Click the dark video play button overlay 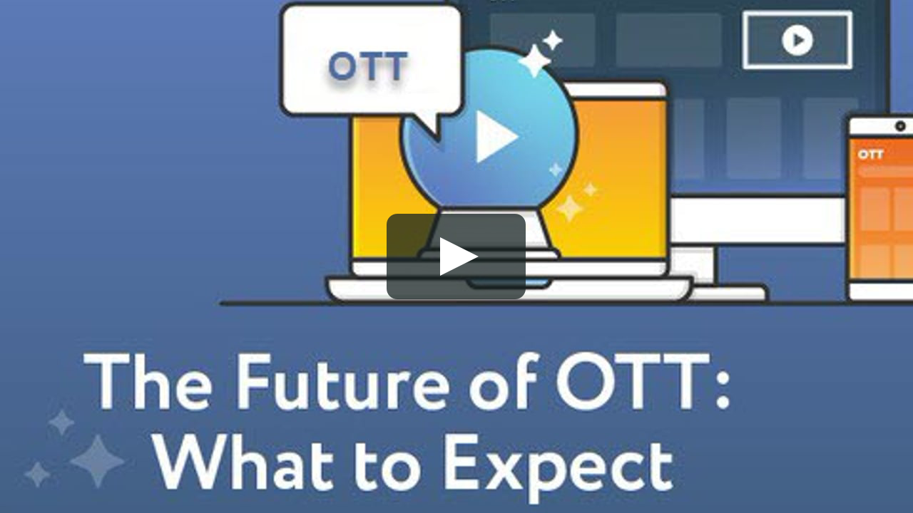coord(456,256)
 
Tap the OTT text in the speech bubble coord(368,66)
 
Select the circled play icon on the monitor coord(797,40)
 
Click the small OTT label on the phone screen coord(871,154)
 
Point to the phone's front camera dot coord(900,126)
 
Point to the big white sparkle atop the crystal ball coord(534,61)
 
